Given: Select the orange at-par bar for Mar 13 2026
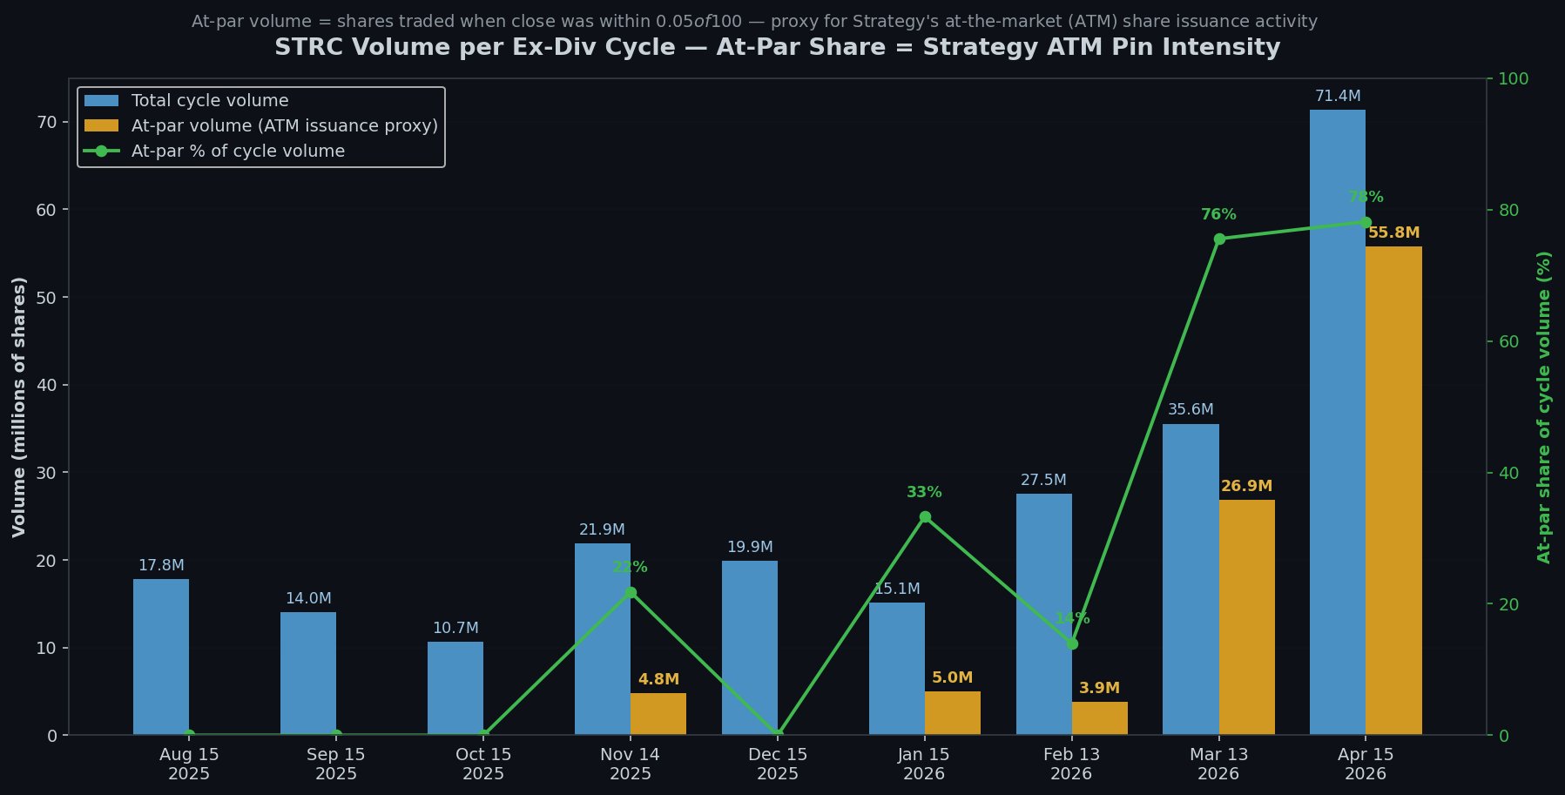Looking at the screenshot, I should [1246, 617].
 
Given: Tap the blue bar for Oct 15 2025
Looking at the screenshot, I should [455, 688].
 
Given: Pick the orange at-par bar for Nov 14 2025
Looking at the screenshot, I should [658, 714].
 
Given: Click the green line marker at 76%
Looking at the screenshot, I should [1218, 239].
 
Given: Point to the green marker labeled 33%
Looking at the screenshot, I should [925, 517].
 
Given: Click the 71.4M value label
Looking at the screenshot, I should [1337, 97].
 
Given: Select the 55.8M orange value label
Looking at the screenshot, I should [1393, 233].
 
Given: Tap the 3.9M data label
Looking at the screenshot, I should [1099, 689].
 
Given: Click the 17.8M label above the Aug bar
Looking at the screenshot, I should [161, 566].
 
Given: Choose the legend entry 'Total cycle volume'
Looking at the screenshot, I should [209, 101].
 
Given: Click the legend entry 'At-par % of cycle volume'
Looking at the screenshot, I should [238, 152].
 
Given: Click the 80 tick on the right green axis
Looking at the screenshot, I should [1508, 211].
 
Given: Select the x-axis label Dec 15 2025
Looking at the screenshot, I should [778, 764].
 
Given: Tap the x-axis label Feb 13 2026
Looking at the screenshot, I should [1071, 764].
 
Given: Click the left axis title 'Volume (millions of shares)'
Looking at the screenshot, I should [19, 407].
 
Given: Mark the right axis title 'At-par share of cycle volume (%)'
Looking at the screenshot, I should [1544, 407].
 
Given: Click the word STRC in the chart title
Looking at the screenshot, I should [304, 48].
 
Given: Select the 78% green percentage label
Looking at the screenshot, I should [1365, 198].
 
